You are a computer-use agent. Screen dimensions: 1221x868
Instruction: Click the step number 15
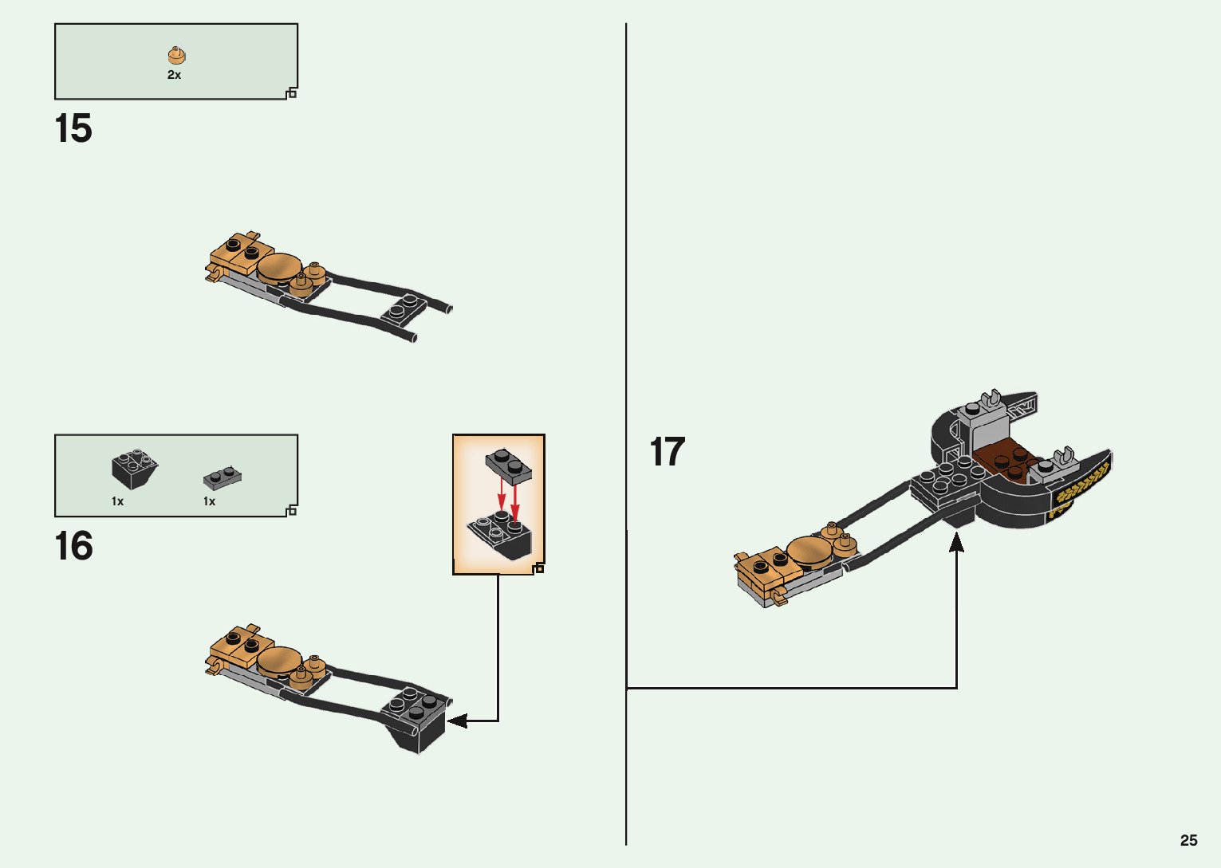73,128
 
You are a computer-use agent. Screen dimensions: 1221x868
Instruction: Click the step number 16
73,546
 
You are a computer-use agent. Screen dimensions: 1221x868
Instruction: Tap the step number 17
668,452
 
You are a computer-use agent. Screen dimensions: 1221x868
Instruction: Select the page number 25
1188,840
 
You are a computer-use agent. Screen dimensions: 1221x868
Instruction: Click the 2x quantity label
174,75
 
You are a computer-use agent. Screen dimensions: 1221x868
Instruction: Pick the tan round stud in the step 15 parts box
176,55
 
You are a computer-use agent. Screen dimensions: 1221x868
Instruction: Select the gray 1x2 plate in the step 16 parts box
223,477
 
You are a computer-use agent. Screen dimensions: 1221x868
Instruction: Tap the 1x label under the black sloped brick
117,501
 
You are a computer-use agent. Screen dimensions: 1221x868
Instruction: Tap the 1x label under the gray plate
209,501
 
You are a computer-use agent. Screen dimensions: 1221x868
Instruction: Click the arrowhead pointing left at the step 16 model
455,721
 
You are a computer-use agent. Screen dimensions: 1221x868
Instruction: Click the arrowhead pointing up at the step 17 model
956,542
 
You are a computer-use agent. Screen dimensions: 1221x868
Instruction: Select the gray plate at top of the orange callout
508,465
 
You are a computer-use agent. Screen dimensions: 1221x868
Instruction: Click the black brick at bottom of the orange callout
501,533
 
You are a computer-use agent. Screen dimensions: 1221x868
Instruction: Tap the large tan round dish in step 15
279,268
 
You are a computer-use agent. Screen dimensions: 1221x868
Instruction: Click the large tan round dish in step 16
279,661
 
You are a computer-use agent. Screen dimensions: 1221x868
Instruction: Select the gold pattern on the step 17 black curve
1081,485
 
